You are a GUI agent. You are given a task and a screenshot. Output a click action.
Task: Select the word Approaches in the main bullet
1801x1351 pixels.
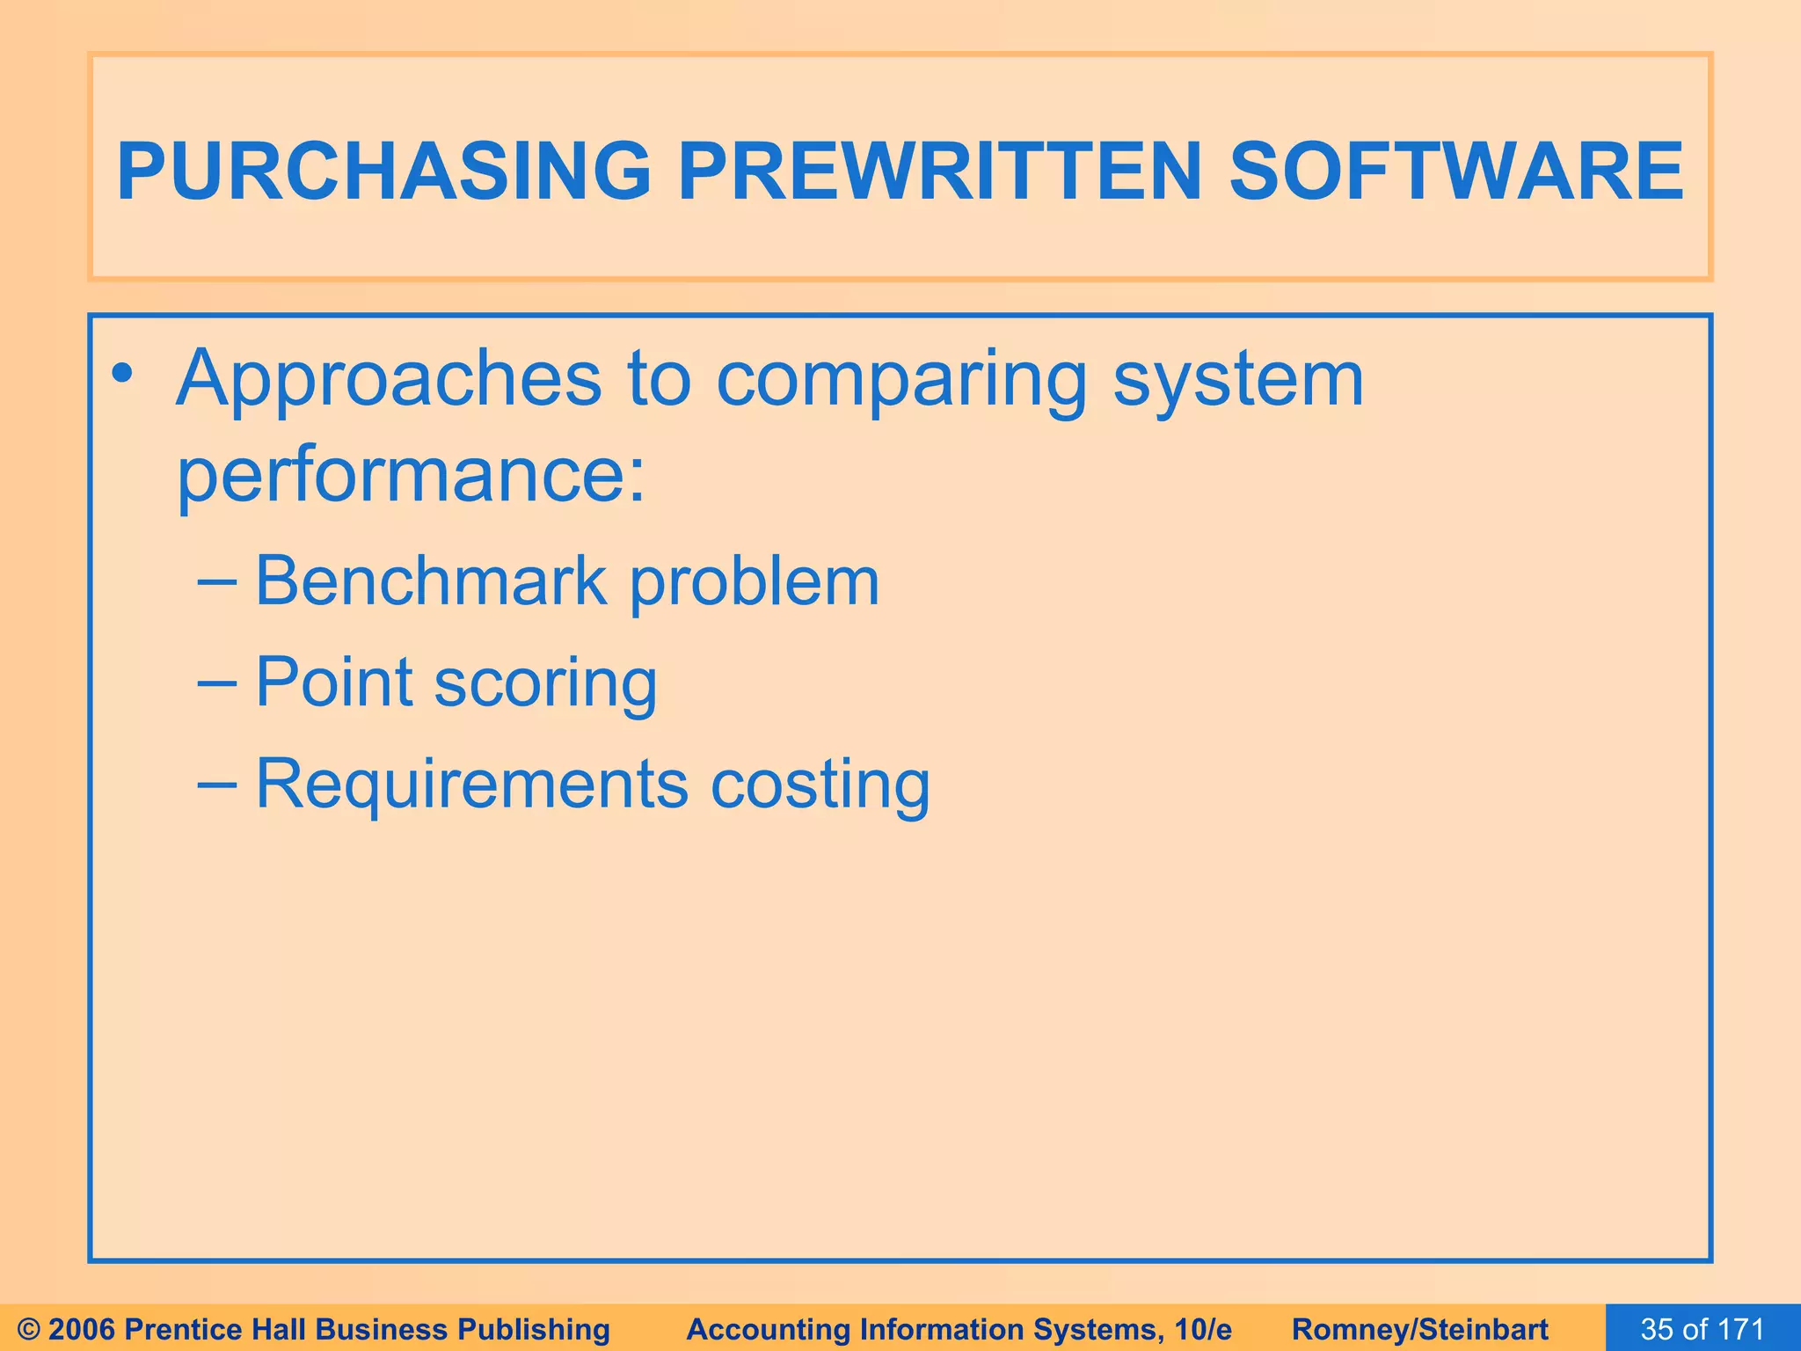[389, 380]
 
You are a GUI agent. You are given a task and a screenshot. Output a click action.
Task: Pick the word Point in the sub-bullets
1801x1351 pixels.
[334, 682]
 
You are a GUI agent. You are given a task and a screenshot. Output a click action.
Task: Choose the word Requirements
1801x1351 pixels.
[471, 783]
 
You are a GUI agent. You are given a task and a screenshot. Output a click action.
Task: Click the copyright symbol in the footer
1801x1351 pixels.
[29, 1329]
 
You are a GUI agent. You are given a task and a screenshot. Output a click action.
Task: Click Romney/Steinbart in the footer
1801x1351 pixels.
[1420, 1329]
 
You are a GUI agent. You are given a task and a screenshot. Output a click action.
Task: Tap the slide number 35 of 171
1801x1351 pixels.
[1703, 1329]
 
